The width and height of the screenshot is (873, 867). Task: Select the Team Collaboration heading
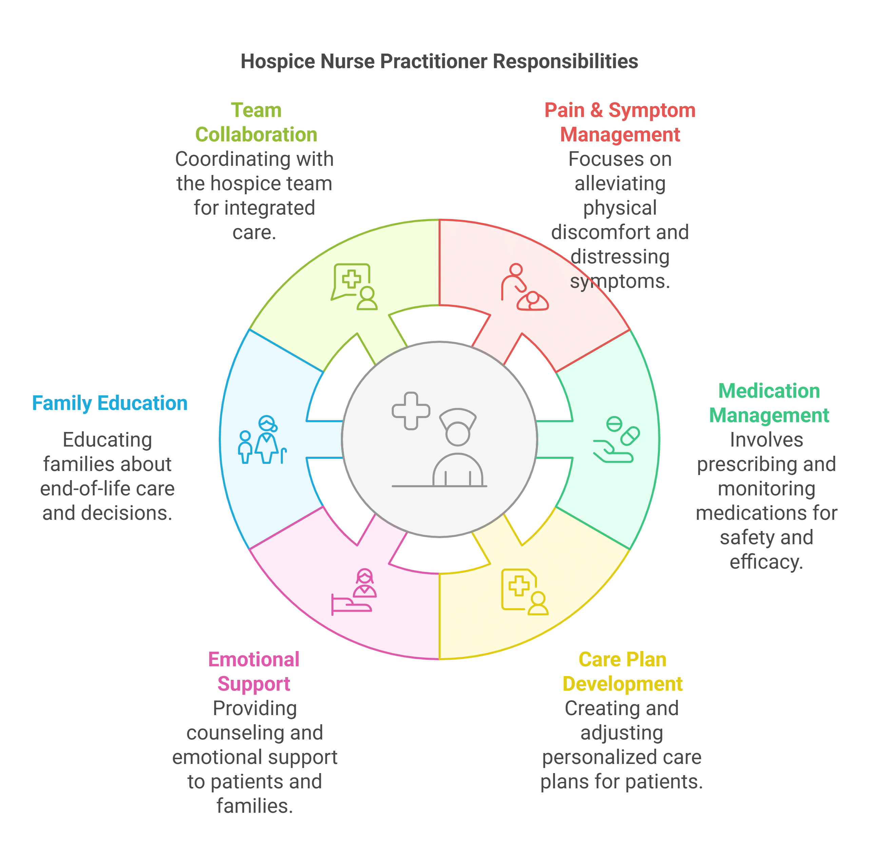point(256,122)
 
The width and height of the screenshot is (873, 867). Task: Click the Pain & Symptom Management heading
point(620,122)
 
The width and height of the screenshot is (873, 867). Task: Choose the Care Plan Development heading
point(622,672)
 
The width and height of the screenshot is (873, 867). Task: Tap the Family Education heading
point(110,403)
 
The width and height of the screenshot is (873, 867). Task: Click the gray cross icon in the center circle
point(410,411)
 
